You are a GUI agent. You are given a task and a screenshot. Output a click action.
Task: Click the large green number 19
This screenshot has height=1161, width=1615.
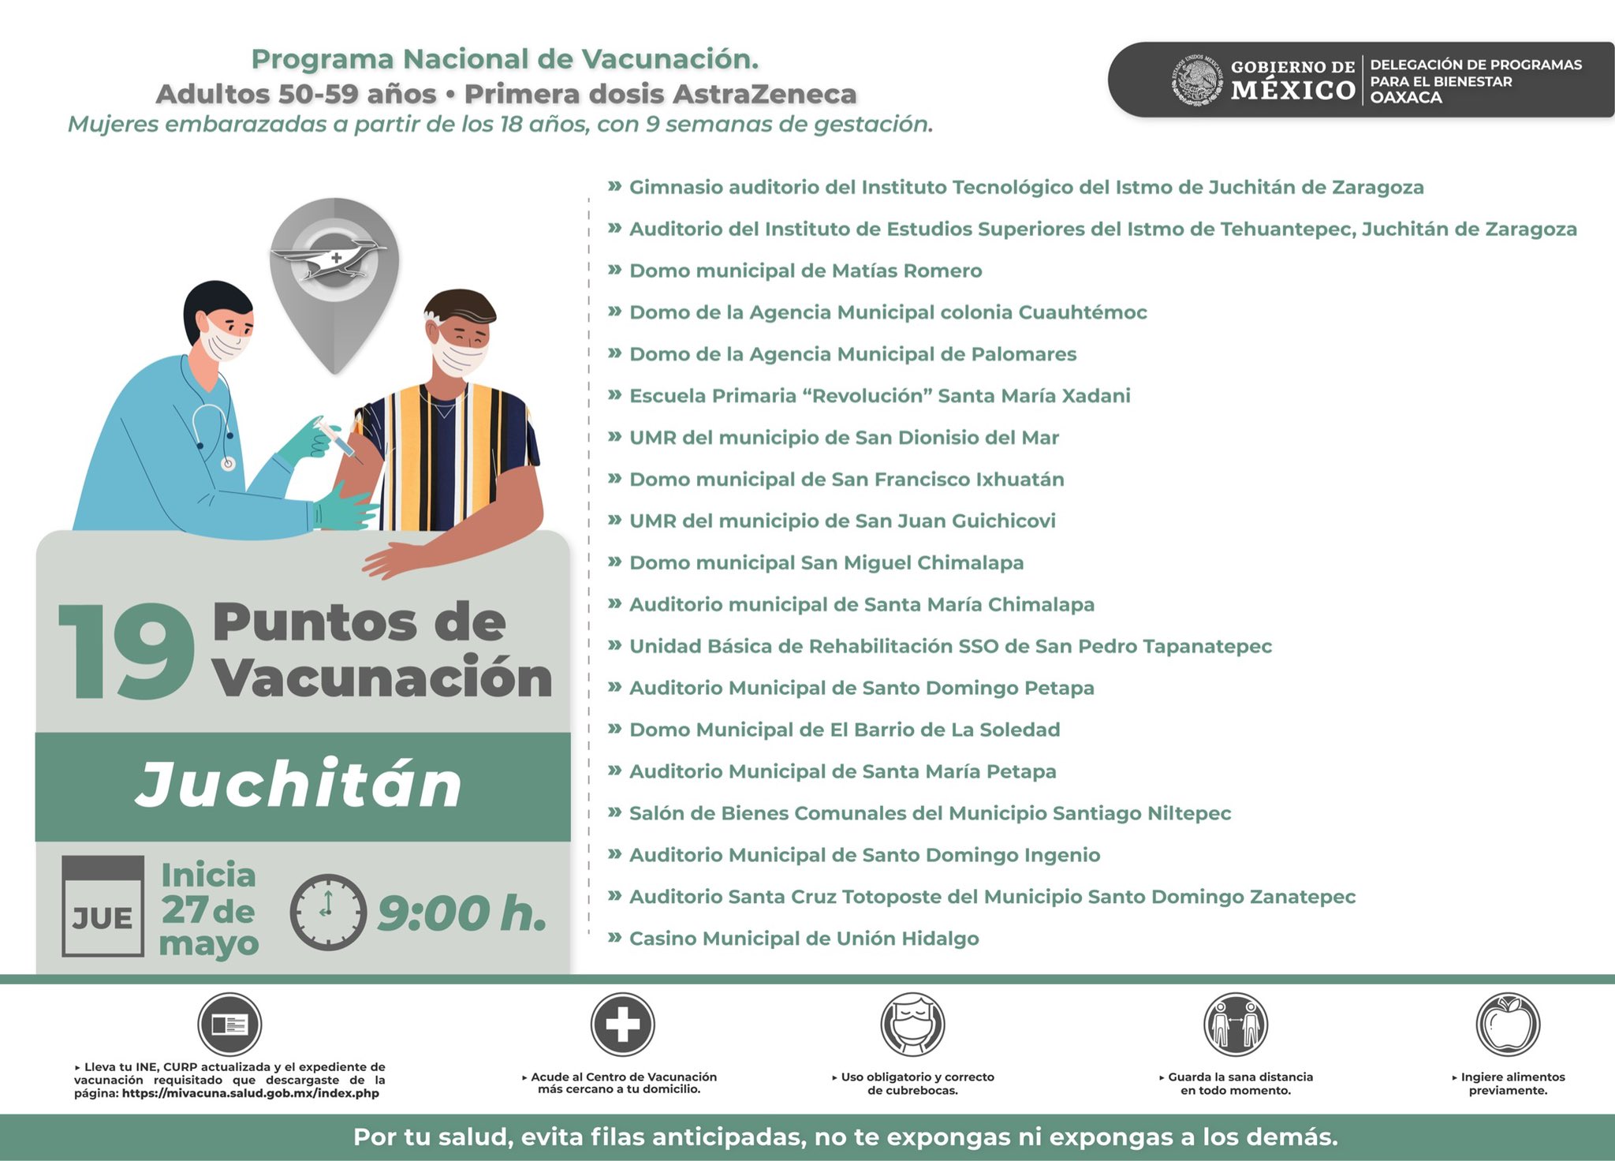tap(126, 651)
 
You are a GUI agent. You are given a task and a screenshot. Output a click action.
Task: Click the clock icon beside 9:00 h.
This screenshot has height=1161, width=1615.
tap(328, 912)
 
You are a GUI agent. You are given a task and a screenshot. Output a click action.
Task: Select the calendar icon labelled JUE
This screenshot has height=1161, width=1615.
tap(103, 906)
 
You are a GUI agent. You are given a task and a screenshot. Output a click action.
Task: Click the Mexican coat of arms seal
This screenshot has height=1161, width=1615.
tap(1196, 80)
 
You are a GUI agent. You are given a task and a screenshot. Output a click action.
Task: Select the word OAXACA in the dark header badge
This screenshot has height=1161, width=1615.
tap(1406, 98)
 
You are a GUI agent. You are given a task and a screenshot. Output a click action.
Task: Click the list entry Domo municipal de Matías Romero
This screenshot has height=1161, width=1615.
tap(805, 271)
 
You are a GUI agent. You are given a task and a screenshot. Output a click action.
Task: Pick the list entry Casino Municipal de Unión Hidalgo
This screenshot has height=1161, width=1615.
tap(804, 939)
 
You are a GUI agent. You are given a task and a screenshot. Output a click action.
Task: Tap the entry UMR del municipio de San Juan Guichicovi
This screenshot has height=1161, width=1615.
tap(842, 521)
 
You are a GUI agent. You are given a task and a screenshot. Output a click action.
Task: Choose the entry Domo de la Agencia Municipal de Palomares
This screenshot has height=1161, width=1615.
tap(852, 355)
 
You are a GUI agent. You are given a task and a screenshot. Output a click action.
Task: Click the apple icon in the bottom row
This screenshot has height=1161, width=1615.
tap(1508, 1025)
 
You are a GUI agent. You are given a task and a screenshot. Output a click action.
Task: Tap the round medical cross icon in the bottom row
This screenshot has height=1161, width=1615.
tap(623, 1025)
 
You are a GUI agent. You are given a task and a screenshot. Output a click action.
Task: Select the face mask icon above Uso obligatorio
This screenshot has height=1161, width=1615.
tap(912, 1025)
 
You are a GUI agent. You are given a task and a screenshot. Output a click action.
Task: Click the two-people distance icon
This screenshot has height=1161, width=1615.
tap(1236, 1025)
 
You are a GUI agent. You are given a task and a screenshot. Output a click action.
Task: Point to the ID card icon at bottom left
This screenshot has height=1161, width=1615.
tap(229, 1025)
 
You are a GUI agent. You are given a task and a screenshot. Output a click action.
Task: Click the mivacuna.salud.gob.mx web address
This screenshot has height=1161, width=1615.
tap(251, 1094)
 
